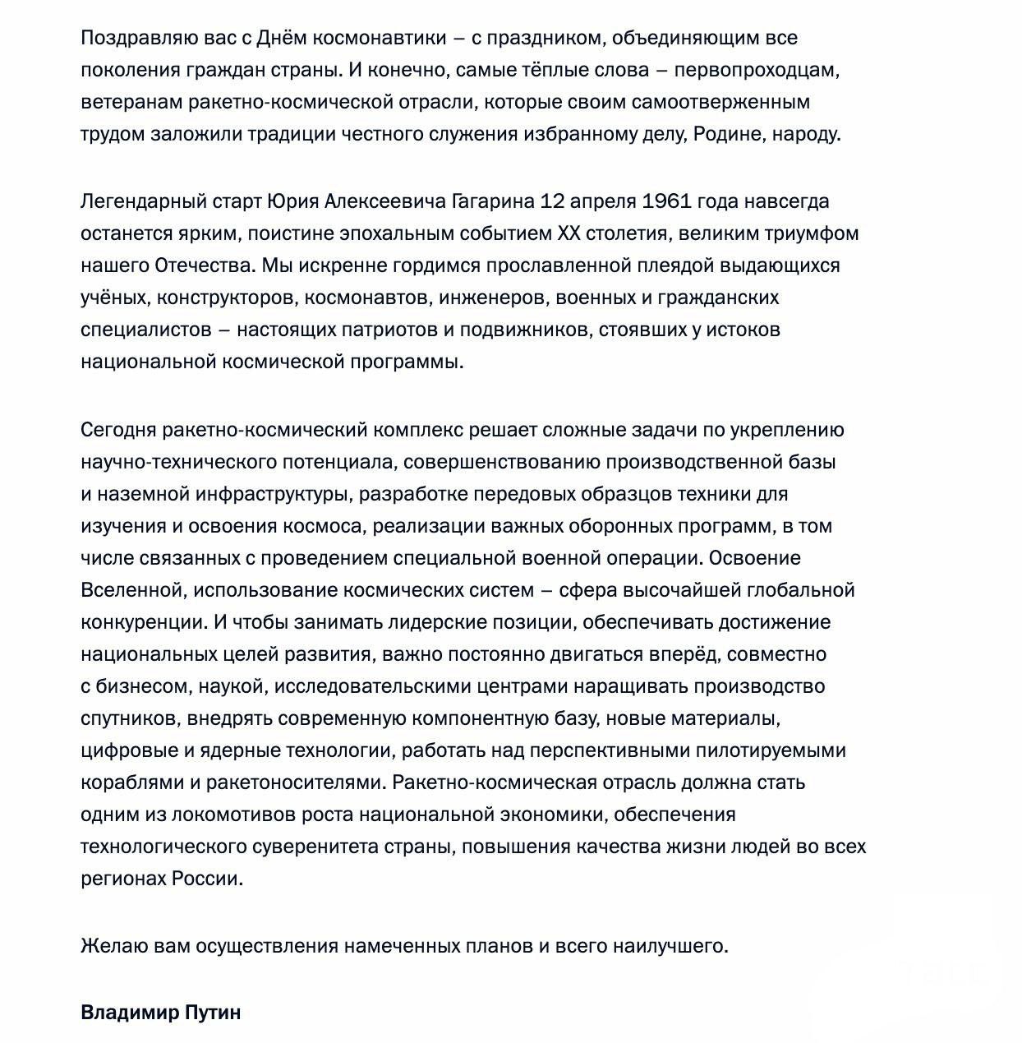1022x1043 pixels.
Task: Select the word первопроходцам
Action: pos(757,70)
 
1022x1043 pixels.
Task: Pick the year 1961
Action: pos(665,201)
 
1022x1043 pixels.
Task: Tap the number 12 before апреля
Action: pos(552,201)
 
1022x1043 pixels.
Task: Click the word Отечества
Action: pos(205,265)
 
